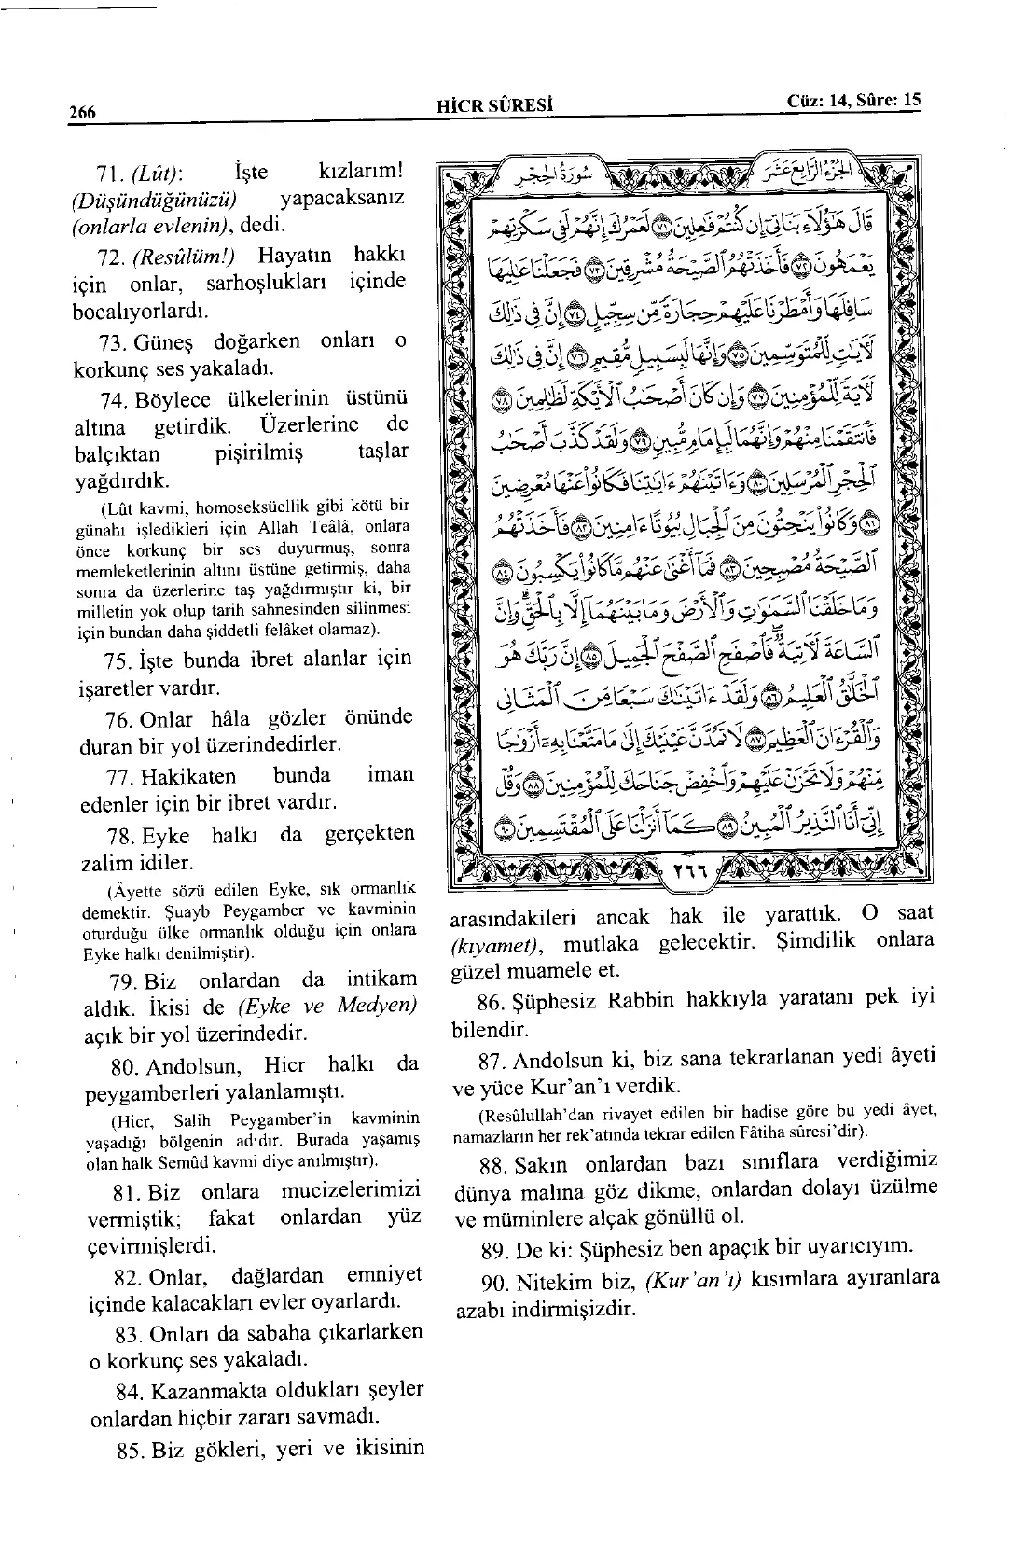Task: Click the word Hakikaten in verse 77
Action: pos(188,776)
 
